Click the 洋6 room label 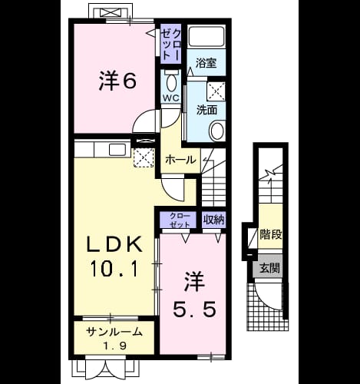point(117,81)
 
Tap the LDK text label point(114,244)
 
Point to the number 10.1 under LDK point(114,268)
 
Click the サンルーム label point(114,333)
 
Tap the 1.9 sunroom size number point(115,346)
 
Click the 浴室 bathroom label point(206,63)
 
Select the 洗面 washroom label point(206,110)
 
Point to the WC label point(171,98)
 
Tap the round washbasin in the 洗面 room point(217,131)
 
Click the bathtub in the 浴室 point(206,36)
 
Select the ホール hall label point(180,161)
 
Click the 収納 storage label point(214,220)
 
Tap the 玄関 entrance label point(270,268)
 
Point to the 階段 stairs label point(271,234)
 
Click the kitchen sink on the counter point(117,150)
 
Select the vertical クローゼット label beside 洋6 point(171,44)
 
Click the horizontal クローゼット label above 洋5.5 point(180,220)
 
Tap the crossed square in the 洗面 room point(216,91)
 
